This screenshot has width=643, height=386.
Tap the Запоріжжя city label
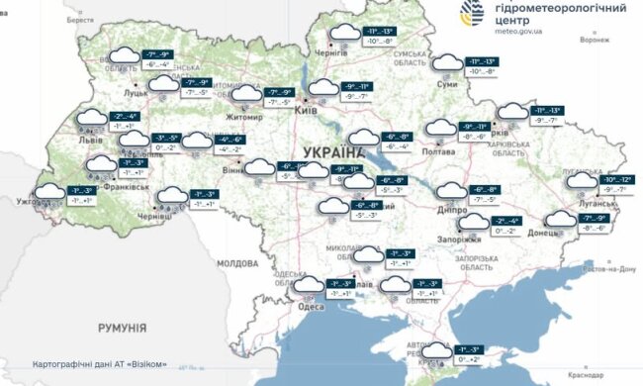coord(459,239)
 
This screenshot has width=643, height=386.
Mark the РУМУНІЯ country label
coord(122,327)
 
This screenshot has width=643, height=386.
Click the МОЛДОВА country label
coord(236,263)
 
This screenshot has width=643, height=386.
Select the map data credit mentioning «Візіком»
coord(99,361)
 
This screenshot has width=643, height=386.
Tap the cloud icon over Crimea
coord(435,351)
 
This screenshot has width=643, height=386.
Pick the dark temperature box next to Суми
coord(484,61)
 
